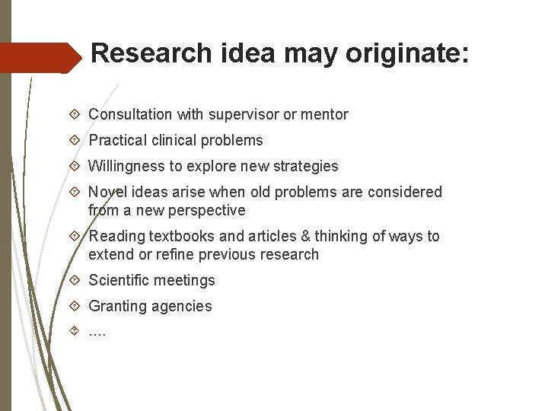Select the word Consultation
tap(130, 115)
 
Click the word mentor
tap(324, 115)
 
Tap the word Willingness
tap(127, 166)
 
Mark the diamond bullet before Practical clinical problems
tap(75, 140)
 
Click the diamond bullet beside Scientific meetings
tap(75, 280)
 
